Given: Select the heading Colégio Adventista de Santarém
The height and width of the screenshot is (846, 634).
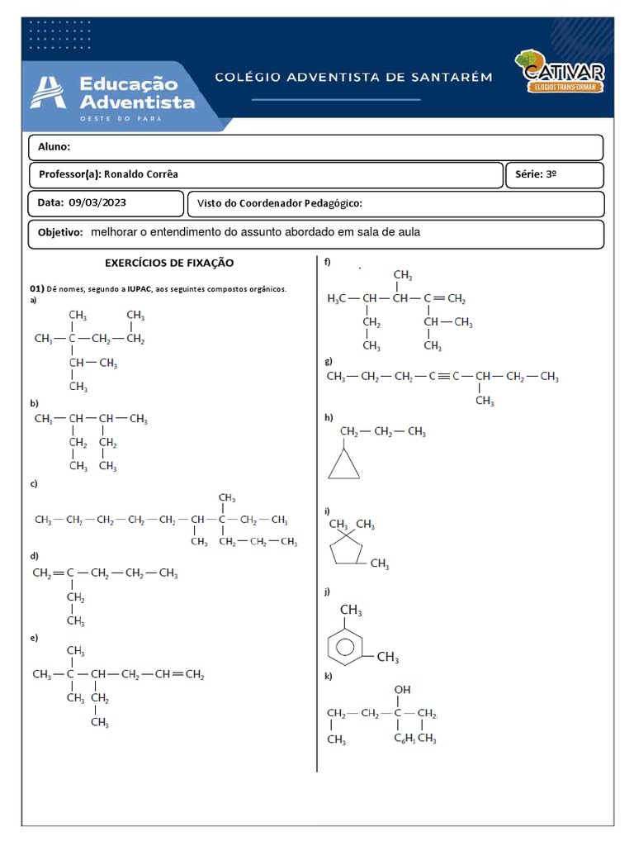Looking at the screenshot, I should (x=353, y=77).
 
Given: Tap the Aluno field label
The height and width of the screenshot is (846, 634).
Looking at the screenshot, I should (x=54, y=147).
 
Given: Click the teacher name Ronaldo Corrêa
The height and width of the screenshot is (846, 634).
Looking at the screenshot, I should (x=140, y=174).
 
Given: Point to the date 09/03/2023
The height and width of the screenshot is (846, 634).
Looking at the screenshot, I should (x=97, y=202).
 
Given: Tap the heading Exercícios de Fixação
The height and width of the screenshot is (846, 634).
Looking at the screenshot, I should (x=169, y=263).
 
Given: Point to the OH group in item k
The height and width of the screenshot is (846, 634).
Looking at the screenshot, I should (x=402, y=689).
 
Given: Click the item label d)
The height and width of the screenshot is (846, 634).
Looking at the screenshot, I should (x=35, y=556).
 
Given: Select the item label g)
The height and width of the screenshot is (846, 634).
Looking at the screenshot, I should (x=329, y=361).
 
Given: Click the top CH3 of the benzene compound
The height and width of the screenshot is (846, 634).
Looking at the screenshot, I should (x=351, y=611).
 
